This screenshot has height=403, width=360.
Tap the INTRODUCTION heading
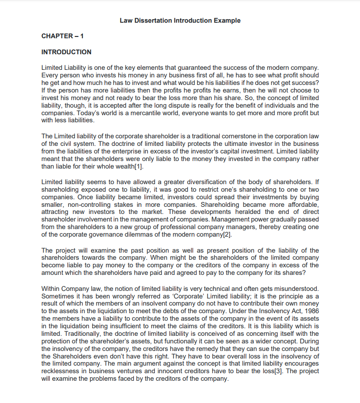tap(66, 52)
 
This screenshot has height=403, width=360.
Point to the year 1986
tap(311, 311)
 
